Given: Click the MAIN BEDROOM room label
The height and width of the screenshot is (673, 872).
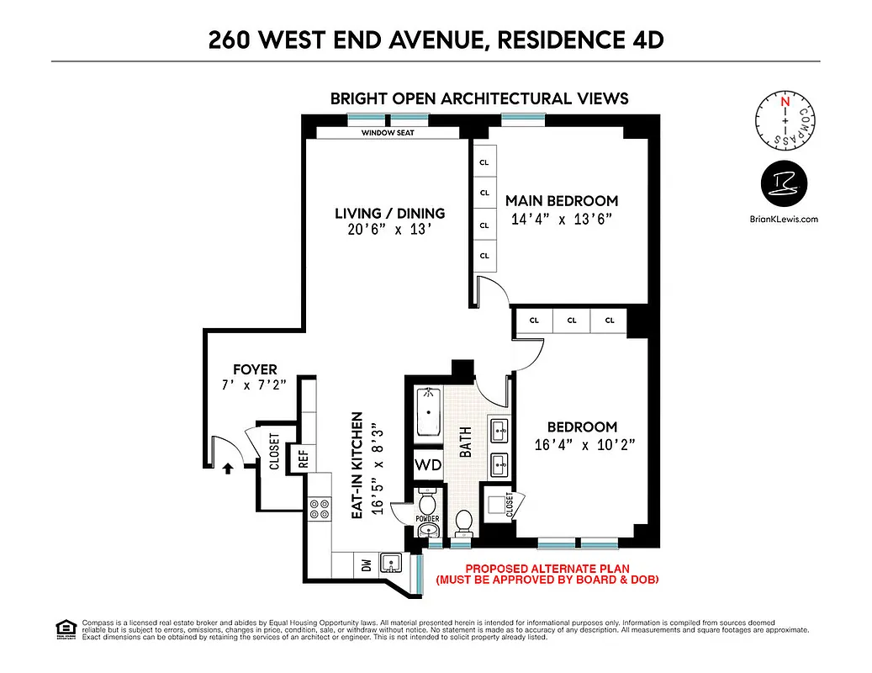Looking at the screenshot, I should coord(561,201).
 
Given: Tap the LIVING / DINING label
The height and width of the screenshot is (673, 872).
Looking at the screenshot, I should coord(389,214).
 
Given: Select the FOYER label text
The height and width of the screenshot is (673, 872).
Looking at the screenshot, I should coord(255,369).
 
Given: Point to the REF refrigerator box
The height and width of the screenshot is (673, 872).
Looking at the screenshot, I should coord(304,459).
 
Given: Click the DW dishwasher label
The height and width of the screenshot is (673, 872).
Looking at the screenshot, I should coord(367,565).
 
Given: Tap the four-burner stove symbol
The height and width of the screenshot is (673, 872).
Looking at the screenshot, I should coord(320,508).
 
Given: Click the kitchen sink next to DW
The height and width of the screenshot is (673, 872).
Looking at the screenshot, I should coord(391,563).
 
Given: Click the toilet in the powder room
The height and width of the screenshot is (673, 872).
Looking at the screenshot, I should coord(427,506).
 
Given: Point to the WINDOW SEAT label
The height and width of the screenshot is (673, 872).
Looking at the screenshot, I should coord(388,133).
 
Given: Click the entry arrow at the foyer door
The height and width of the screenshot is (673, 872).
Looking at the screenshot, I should coord(227,469).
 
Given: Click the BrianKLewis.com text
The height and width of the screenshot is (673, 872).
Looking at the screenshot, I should coord(783,219).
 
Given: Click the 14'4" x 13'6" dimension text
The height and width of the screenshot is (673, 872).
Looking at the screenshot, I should coord(561,220).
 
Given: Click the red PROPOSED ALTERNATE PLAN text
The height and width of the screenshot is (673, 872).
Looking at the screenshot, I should coord(547,569).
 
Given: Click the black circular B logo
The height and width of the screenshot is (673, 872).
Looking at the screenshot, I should coord(784,183).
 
